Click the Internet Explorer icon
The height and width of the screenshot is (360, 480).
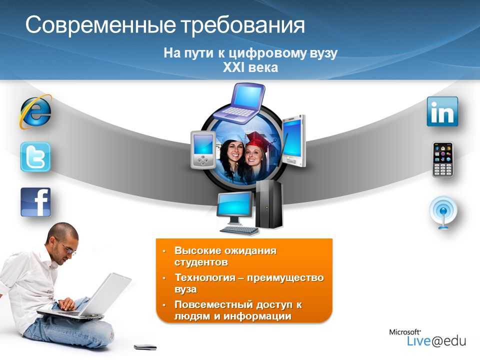(36, 111)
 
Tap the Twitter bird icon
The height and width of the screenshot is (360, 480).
(35, 157)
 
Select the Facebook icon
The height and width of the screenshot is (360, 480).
(35, 202)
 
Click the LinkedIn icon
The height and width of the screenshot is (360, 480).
(442, 111)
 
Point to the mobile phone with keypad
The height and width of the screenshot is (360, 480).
(442, 159)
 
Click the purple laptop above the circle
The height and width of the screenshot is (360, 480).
(239, 103)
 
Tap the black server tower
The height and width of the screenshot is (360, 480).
(269, 204)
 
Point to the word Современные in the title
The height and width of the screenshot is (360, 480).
(100, 24)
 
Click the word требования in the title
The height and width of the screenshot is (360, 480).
(243, 24)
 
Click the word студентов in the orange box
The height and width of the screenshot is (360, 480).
(201, 262)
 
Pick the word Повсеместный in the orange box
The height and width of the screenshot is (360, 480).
(213, 304)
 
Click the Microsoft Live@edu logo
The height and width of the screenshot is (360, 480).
(427, 337)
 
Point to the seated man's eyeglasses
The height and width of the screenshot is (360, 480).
(69, 249)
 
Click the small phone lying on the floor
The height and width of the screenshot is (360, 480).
(145, 347)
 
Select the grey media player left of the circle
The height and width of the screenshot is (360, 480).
(202, 149)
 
